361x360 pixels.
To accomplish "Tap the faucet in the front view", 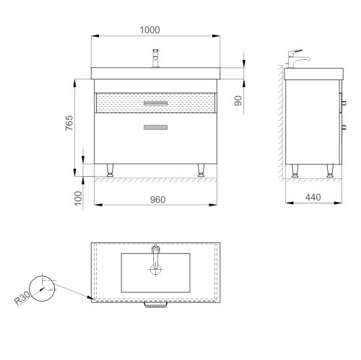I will pyautogui.click(x=155, y=58).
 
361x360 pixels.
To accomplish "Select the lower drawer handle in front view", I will pyautogui.click(x=155, y=128).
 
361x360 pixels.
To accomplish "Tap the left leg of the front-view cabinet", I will pyautogui.click(x=110, y=170).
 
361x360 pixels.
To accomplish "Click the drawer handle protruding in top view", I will pyautogui.click(x=155, y=306).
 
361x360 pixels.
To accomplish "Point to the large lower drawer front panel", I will pyautogui.click(x=155, y=141).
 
